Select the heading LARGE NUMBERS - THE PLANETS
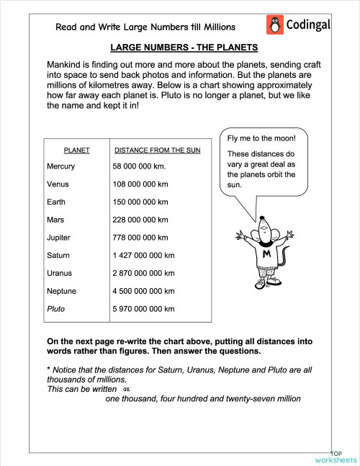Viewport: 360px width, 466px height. pos(184,48)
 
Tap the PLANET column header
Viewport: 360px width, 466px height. pos(77,151)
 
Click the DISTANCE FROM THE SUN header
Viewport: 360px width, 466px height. pos(158,151)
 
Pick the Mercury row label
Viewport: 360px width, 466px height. pos(60,166)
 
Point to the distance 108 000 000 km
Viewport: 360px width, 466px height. pos(140,184)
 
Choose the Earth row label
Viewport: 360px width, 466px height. pos(56,202)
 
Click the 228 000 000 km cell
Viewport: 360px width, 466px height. pos(140,220)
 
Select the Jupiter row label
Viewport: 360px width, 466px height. pos(59,237)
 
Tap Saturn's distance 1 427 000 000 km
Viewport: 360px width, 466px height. pos(144,255)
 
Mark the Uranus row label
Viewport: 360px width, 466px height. pos(59,273)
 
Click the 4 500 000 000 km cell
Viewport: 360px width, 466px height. pos(144,291)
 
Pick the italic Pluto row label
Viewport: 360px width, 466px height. pos(55,309)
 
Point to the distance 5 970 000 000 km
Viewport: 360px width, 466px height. pos(144,309)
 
